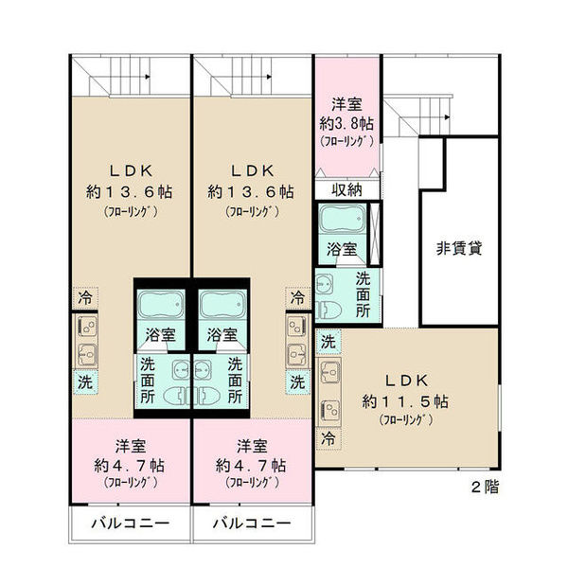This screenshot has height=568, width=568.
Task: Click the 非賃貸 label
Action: [459, 248]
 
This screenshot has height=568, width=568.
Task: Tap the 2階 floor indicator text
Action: [485, 487]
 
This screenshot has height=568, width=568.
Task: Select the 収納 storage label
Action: [346, 189]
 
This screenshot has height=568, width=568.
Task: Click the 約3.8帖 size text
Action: [346, 124]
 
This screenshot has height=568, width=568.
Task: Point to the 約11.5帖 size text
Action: [405, 401]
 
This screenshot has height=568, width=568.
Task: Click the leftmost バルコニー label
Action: [131, 524]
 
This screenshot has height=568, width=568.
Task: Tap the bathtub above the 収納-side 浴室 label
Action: [343, 219]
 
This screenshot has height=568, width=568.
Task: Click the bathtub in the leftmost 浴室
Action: [161, 304]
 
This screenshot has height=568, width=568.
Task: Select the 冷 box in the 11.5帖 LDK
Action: [328, 438]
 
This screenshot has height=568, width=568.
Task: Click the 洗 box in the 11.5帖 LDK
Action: [328, 342]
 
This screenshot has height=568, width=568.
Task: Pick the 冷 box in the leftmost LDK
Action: [85, 298]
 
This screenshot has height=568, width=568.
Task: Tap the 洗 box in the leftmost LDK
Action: [85, 382]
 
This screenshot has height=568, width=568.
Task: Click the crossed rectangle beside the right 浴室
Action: [375, 234]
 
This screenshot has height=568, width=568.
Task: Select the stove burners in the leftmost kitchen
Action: [88, 327]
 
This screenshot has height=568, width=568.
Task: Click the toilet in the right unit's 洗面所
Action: [328, 310]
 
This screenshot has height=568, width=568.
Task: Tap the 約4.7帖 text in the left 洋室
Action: [130, 466]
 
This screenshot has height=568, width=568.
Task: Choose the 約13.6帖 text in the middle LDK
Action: [251, 191]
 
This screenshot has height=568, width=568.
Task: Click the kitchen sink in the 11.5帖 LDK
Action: [330, 371]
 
